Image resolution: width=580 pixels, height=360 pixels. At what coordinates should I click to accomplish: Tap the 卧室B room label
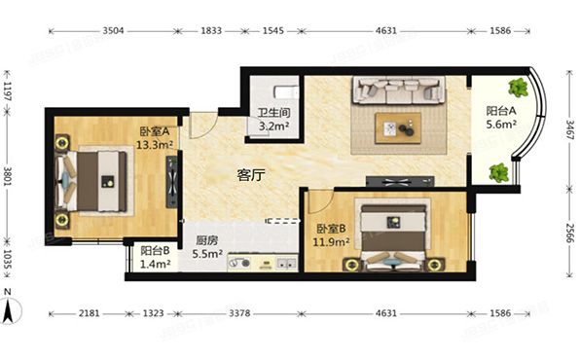(x=330, y=227)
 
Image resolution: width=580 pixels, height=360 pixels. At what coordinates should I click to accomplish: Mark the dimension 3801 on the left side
(x=10, y=176)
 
